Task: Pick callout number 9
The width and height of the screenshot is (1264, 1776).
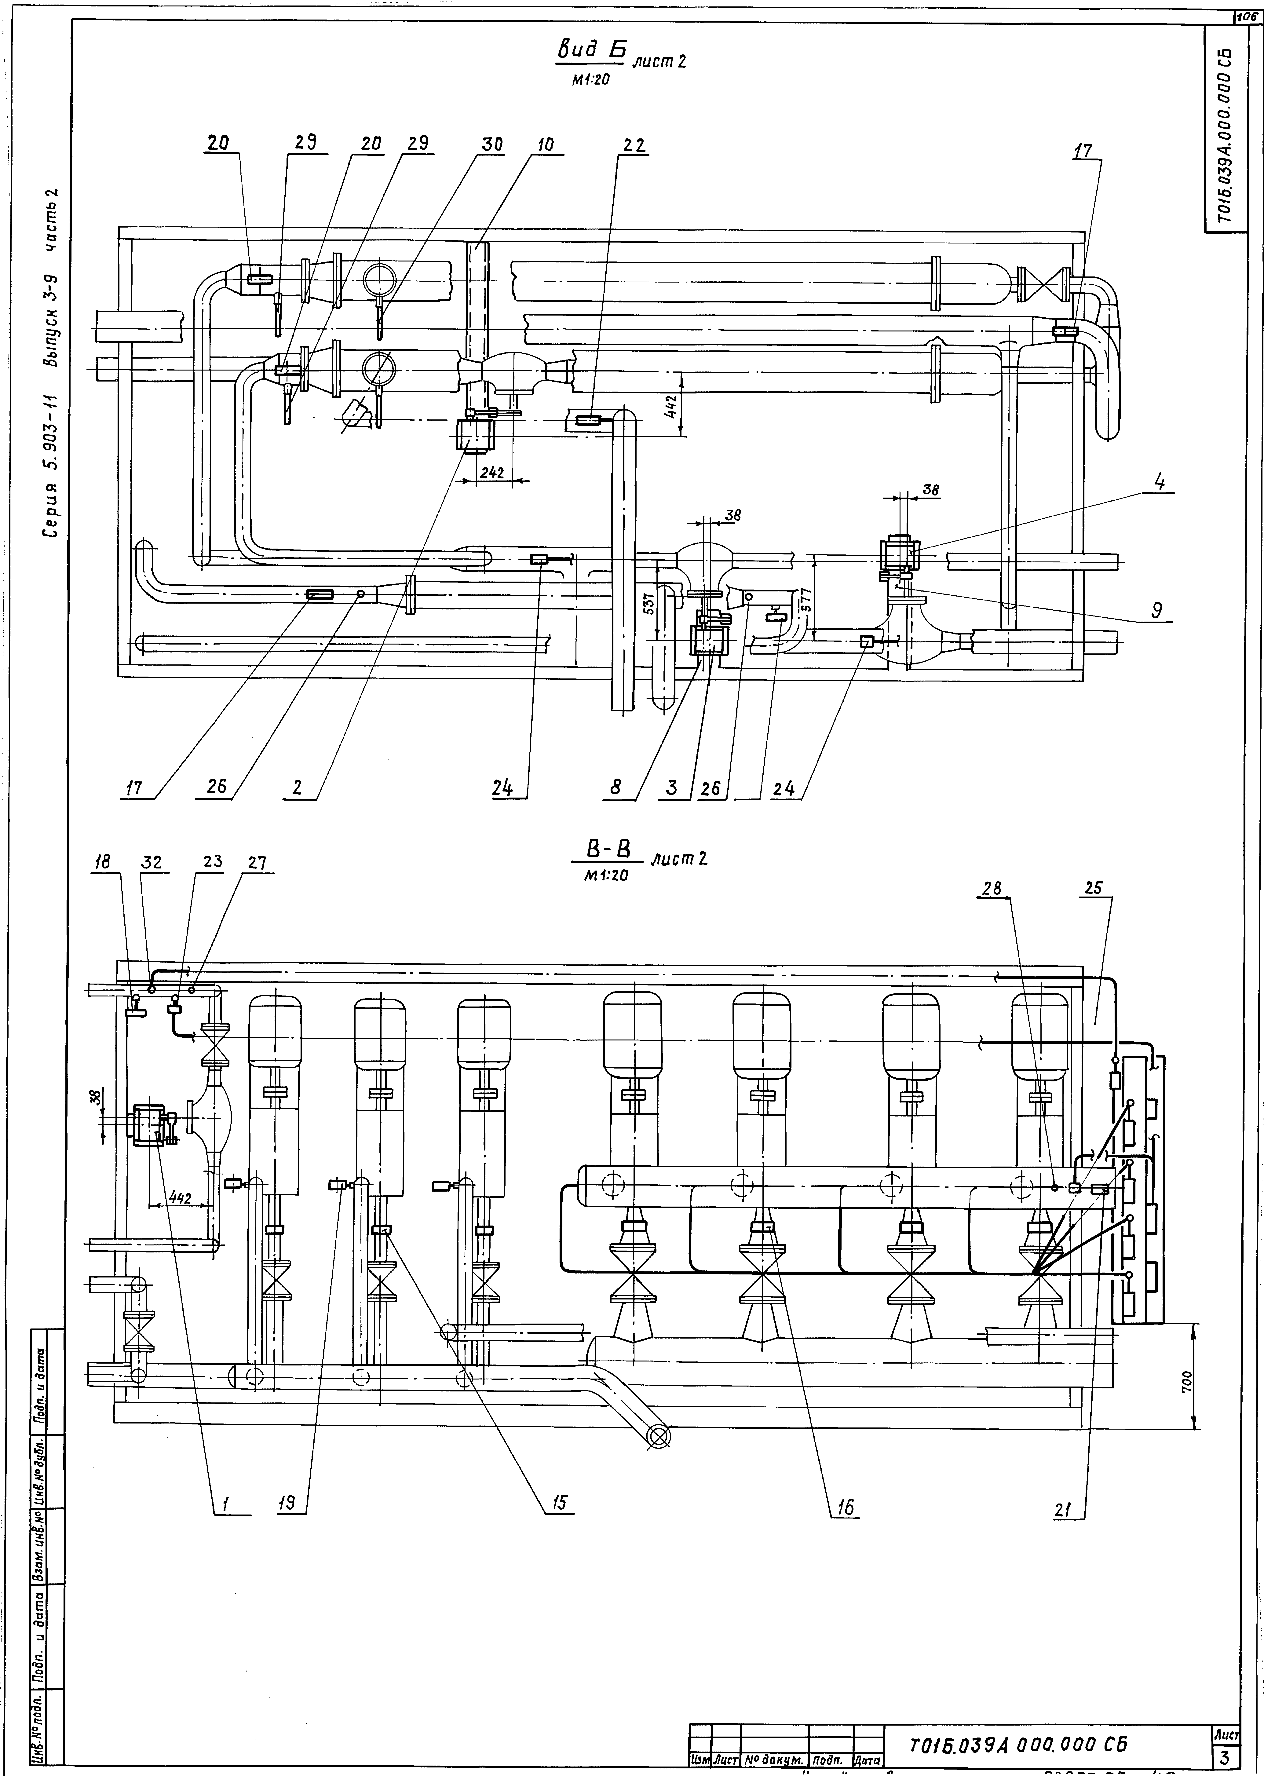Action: (x=1157, y=611)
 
